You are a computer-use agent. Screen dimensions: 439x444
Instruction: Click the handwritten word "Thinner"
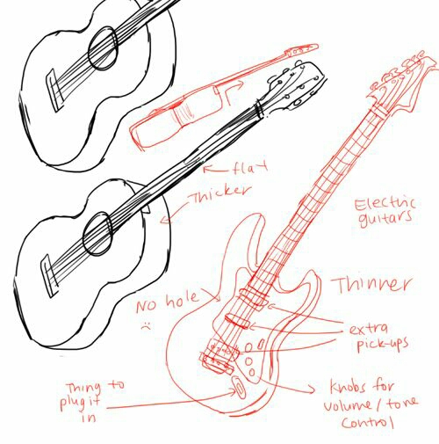coord(371,284)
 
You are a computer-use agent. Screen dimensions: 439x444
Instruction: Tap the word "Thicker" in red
coord(221,193)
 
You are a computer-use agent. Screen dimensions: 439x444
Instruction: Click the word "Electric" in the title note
coord(385,204)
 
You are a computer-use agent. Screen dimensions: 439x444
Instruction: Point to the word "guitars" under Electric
coord(385,219)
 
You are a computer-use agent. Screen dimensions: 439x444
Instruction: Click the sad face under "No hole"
coord(146,325)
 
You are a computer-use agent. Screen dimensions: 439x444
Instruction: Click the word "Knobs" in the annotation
coord(348,387)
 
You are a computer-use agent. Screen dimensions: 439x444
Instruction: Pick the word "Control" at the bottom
coord(367,422)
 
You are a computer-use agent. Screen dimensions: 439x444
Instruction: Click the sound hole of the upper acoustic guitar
coord(103,48)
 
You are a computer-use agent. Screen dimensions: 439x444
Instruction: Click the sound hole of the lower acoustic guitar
coord(97,234)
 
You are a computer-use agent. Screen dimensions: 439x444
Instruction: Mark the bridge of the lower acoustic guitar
coord(48,276)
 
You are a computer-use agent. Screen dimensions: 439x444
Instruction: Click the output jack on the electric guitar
coord(239,386)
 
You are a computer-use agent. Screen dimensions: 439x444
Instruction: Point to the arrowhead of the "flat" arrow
coord(206,169)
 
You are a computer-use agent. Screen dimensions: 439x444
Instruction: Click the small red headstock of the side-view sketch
coord(301,50)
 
